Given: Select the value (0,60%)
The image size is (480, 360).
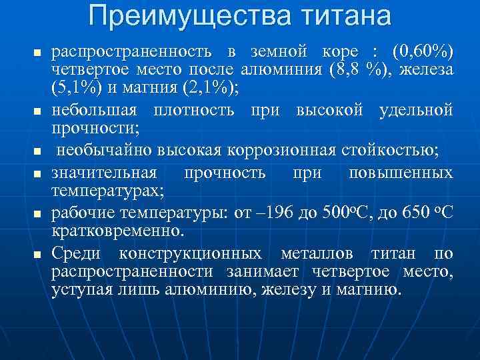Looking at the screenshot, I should [x=423, y=51].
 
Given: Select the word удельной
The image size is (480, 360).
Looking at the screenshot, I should [x=417, y=108].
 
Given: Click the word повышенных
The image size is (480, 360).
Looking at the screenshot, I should [x=401, y=173].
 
